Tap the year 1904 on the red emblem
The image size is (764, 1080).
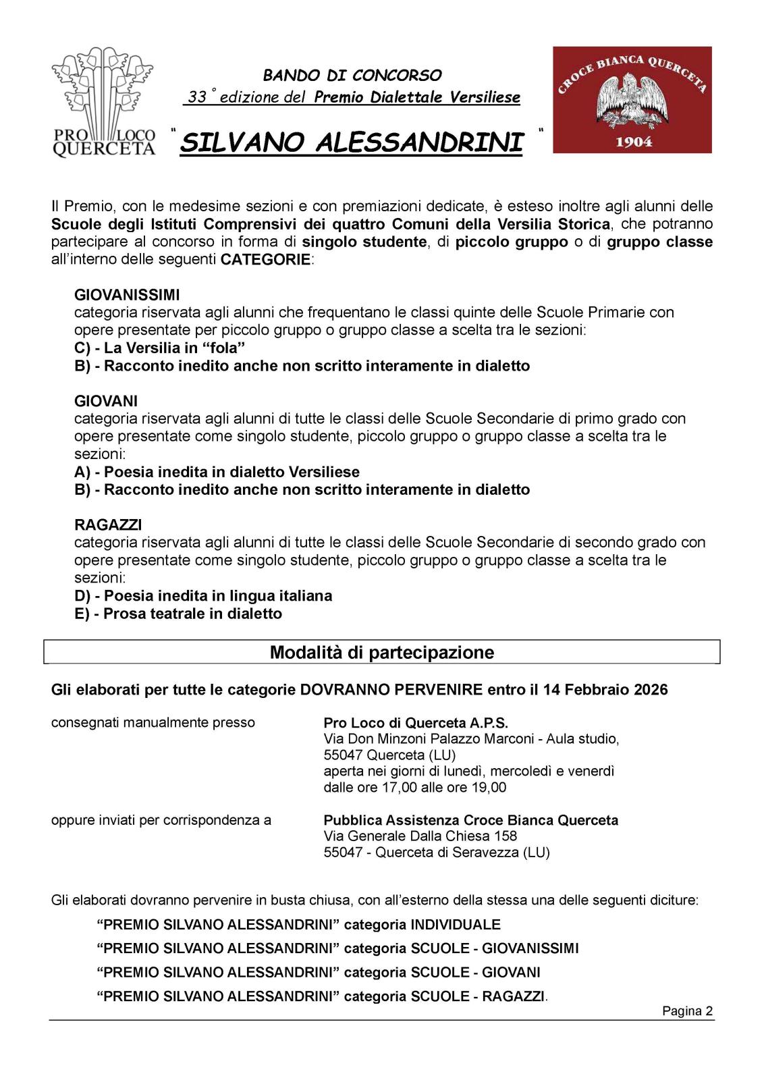633,142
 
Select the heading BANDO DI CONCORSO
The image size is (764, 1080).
352,75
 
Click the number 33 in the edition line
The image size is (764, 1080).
197,97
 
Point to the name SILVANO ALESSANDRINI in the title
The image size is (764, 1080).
352,143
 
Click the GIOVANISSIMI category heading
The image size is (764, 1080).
127,295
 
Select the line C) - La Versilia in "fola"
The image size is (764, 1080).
159,348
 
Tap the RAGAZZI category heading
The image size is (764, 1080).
108,524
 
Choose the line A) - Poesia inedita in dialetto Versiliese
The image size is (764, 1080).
217,472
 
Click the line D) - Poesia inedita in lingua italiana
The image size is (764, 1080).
203,596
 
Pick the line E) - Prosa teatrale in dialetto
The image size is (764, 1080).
178,614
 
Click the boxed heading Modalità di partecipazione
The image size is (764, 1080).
382,652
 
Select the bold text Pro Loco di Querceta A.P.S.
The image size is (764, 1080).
416,722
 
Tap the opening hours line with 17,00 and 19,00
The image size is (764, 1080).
414,787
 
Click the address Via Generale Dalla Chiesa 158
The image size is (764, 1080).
420,836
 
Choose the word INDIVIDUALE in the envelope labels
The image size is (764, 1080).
456,925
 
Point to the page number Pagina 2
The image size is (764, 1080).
687,1010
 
